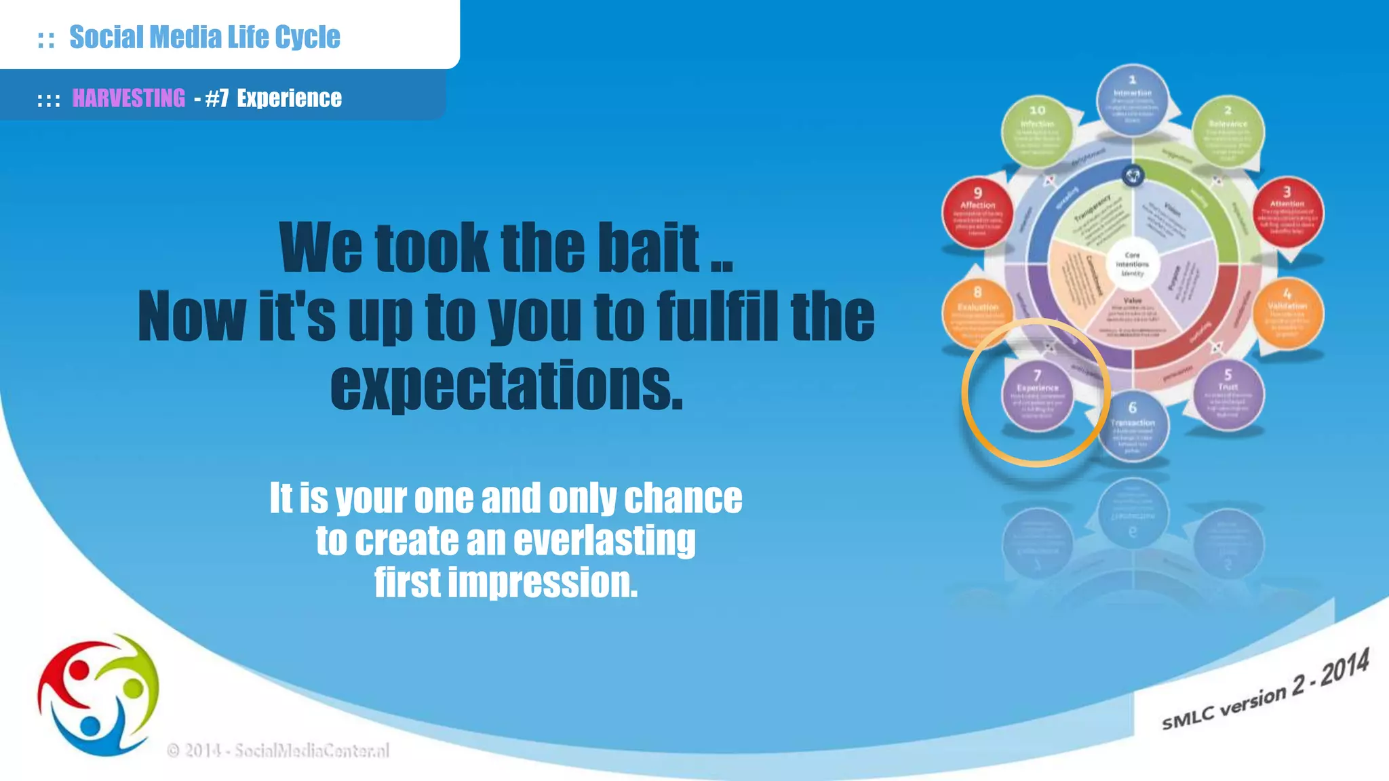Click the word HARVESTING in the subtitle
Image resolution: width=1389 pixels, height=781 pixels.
click(128, 98)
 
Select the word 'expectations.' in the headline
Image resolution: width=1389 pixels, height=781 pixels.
click(507, 386)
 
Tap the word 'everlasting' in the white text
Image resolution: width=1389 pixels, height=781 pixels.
click(604, 540)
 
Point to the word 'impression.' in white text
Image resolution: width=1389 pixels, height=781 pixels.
click(543, 582)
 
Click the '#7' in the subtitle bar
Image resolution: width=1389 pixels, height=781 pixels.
click(216, 98)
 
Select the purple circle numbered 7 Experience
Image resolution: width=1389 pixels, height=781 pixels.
click(1037, 396)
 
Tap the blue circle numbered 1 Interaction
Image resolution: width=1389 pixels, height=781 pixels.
click(1132, 100)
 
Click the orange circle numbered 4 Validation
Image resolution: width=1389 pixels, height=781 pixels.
click(1287, 313)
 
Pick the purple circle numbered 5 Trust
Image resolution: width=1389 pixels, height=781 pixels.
click(1228, 396)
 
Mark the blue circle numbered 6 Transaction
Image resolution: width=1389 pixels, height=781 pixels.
click(1132, 427)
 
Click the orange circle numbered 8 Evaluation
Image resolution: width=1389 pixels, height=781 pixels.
click(977, 313)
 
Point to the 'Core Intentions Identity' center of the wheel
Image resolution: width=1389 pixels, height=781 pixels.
click(1132, 264)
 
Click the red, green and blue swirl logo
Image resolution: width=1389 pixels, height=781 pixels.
click(98, 695)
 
